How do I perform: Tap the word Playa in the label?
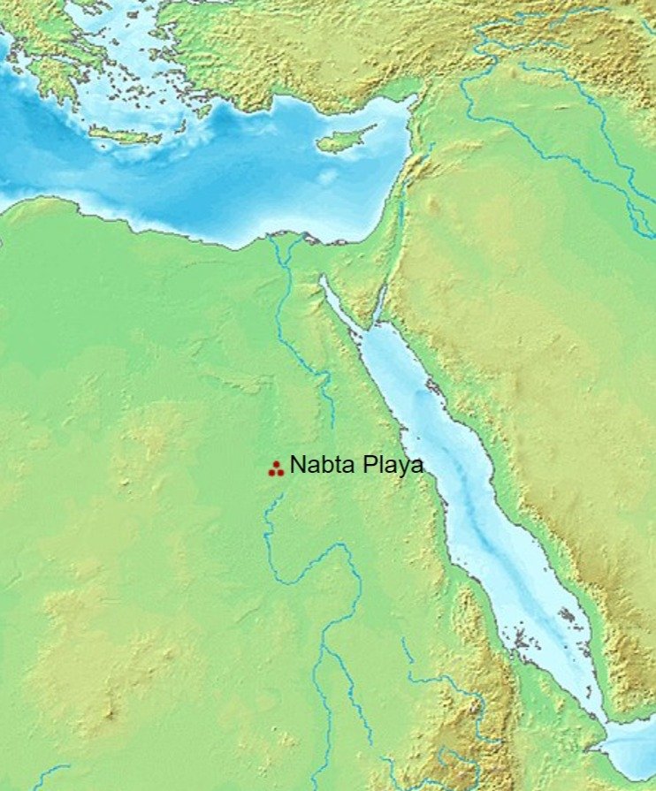coord(390,466)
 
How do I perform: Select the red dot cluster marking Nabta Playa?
coord(275,469)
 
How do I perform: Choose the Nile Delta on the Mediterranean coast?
coord(288,243)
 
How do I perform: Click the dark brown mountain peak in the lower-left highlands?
coord(111,711)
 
